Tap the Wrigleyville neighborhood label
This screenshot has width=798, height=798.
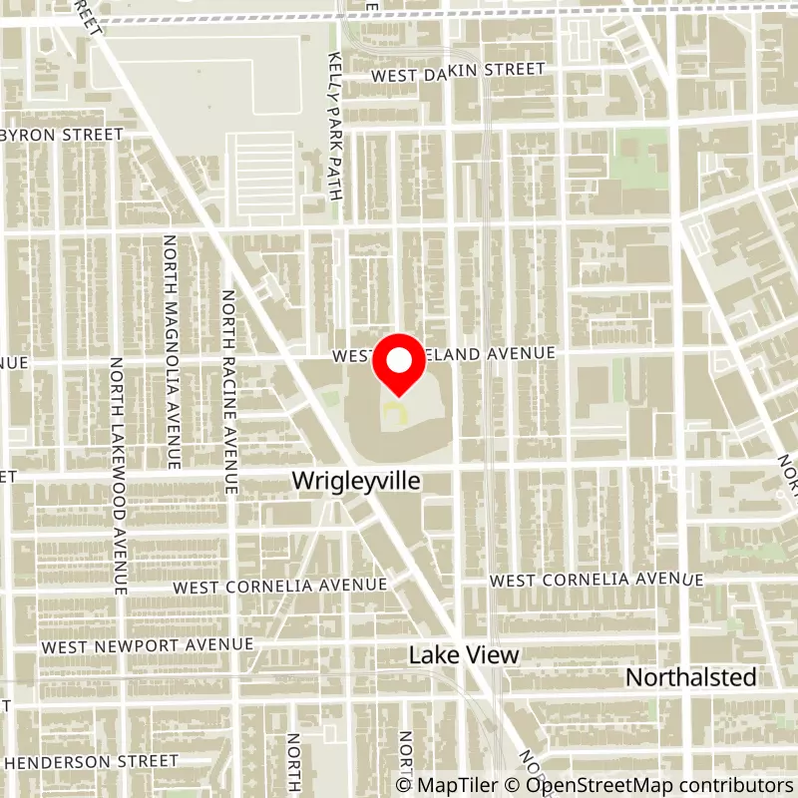point(356,481)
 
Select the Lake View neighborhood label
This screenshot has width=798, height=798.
point(464,655)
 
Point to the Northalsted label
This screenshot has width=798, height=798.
point(690,677)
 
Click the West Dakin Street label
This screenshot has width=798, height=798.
point(458,71)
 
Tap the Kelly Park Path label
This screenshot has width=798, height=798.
point(335,125)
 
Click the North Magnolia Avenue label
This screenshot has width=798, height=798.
point(171,351)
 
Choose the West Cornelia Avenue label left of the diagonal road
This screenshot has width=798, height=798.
point(279,586)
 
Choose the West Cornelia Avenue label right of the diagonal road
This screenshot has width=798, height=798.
point(597,580)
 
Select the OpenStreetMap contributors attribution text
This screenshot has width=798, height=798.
point(649,786)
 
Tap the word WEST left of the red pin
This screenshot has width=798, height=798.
point(352,354)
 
